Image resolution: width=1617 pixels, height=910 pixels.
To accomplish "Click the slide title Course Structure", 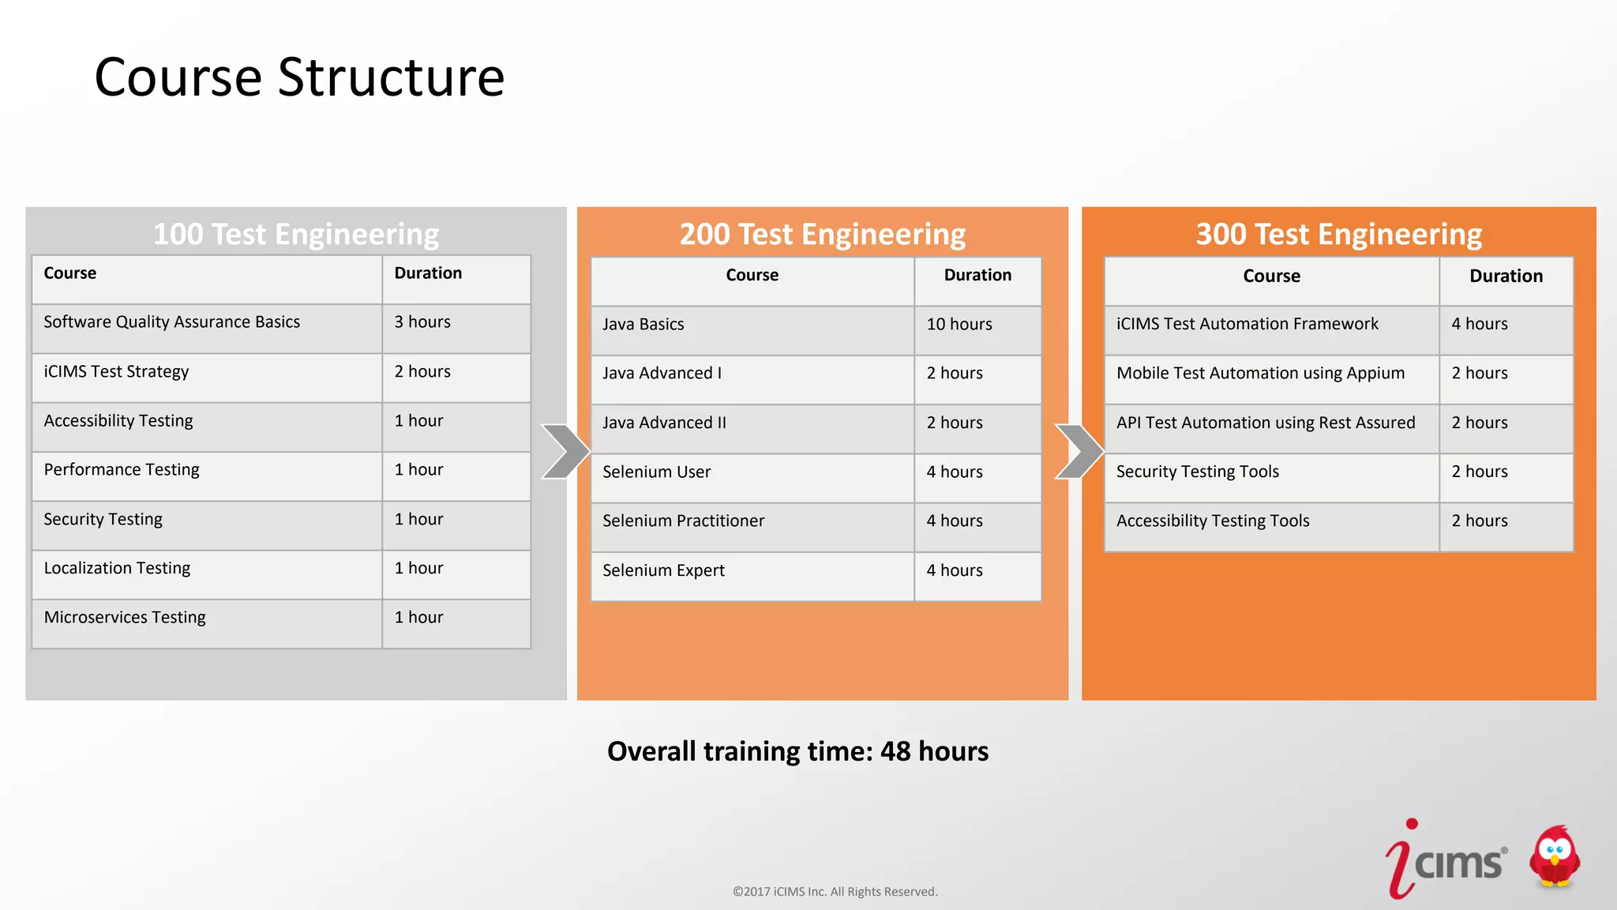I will pyautogui.click(x=299, y=77).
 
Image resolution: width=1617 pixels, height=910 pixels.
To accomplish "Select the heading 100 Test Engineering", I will pyautogui.click(x=295, y=234).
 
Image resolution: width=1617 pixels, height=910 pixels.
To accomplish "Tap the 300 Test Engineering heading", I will pyautogui.click(x=1338, y=234).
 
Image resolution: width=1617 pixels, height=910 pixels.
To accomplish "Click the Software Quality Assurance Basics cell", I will pyautogui.click(x=172, y=322).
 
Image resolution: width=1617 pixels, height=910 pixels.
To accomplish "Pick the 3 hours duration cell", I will pyautogui.click(x=422, y=322).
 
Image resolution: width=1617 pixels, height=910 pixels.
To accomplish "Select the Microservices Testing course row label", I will pyautogui.click(x=125, y=618).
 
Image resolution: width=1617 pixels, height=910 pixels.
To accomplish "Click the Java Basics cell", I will pyautogui.click(x=643, y=325).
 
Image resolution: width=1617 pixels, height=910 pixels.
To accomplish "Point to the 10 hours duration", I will pyautogui.click(x=959, y=325).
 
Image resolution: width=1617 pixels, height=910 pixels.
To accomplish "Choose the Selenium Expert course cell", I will pyautogui.click(x=663, y=571).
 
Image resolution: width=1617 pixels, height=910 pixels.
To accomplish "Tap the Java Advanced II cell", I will pyautogui.click(x=664, y=423).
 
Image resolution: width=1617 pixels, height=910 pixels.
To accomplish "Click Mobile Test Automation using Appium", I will pyautogui.click(x=1260, y=374).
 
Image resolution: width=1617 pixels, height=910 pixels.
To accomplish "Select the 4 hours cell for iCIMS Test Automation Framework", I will pyautogui.click(x=1480, y=324).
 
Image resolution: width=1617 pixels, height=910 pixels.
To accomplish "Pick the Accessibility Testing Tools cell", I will pyautogui.click(x=1213, y=521).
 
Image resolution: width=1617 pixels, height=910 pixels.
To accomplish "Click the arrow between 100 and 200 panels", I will pyautogui.click(x=565, y=452).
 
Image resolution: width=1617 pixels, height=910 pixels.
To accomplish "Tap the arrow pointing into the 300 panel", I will pyautogui.click(x=1079, y=452).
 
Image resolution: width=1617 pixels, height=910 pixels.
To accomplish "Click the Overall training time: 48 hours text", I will pyautogui.click(x=797, y=751).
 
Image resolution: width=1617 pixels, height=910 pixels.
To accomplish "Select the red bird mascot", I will pyautogui.click(x=1554, y=858).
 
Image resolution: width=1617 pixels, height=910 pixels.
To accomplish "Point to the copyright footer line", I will pyautogui.click(x=835, y=892).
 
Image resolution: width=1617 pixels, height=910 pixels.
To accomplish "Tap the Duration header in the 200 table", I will pyautogui.click(x=977, y=276).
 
